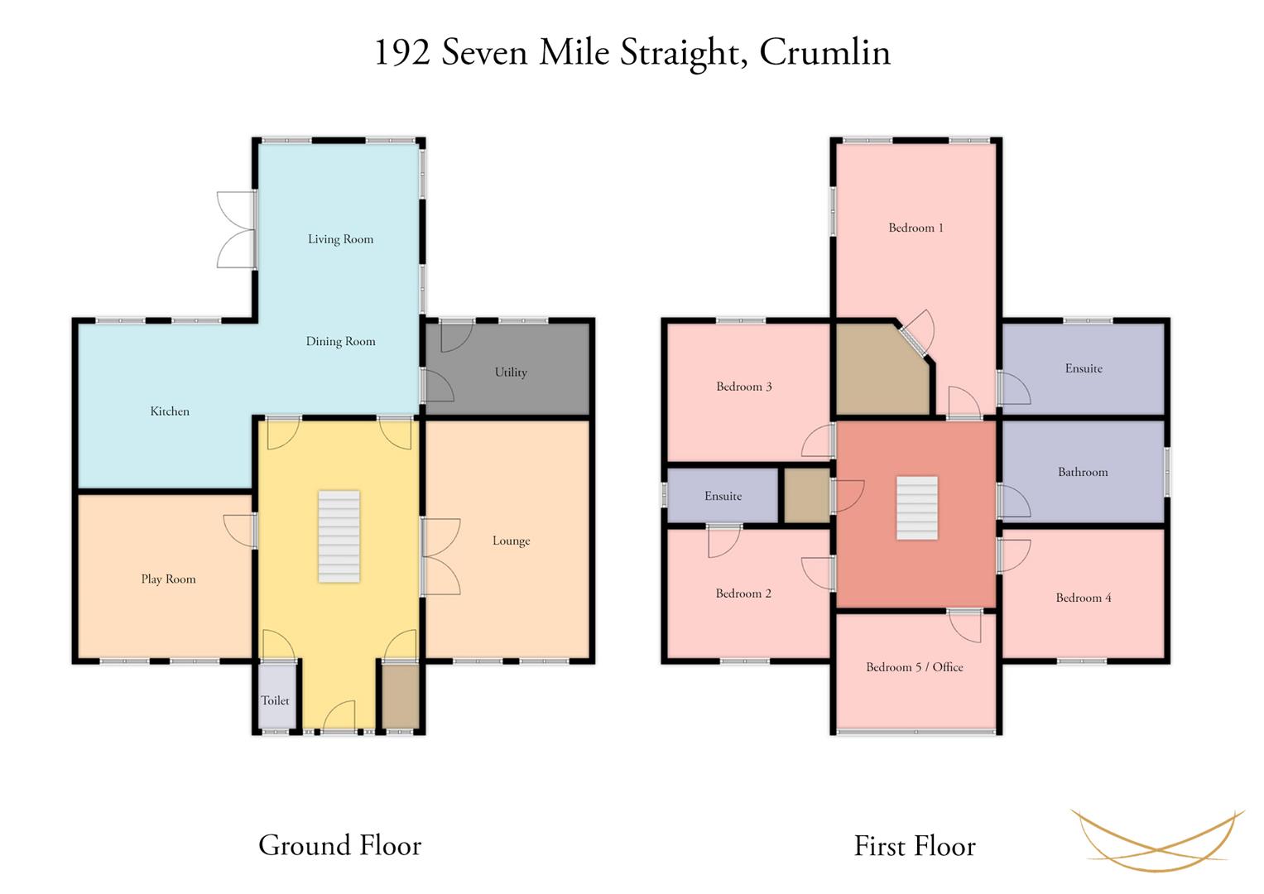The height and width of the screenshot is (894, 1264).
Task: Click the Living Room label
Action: click(340, 239)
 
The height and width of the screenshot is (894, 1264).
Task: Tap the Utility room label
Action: click(511, 372)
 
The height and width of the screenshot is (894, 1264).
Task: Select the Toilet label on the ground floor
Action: click(275, 700)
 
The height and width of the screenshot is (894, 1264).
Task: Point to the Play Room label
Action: click(168, 579)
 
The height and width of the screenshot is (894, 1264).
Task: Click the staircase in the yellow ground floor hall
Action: click(339, 536)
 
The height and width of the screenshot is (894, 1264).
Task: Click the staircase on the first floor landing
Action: click(917, 508)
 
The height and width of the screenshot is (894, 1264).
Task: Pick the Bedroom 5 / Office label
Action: click(914, 667)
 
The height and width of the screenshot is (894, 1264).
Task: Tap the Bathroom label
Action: click(1082, 472)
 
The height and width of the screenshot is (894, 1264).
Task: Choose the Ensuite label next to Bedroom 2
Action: click(723, 496)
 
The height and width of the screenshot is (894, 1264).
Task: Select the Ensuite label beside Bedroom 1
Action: click(1084, 368)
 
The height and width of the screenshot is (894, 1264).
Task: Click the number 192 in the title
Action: click(403, 52)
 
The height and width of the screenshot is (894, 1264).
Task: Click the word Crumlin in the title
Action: click(825, 52)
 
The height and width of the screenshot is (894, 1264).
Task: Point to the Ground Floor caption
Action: click(339, 845)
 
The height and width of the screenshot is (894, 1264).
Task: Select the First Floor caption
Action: click(915, 846)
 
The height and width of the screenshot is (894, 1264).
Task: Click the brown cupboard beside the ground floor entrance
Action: click(401, 696)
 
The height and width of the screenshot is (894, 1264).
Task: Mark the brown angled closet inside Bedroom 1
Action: click(882, 370)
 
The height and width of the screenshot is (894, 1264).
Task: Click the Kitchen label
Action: click(170, 411)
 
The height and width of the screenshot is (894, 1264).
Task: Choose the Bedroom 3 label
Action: click(743, 387)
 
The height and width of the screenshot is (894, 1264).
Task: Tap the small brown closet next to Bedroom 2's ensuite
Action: click(807, 495)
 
